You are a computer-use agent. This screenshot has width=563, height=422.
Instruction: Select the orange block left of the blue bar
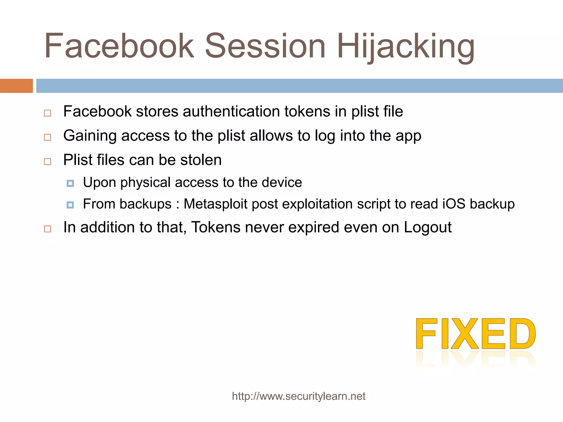click(16, 86)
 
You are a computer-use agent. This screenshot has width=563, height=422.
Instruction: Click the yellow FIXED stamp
click(476, 334)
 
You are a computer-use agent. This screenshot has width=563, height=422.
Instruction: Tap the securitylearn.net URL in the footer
click(299, 396)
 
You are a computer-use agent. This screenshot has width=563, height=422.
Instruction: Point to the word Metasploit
click(215, 204)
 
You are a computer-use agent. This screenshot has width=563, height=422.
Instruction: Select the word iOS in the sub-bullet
click(454, 204)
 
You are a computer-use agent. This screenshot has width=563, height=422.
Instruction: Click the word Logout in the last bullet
click(427, 227)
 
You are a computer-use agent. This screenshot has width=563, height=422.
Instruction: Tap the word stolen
click(201, 160)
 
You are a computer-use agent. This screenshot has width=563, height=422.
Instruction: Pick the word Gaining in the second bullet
click(90, 136)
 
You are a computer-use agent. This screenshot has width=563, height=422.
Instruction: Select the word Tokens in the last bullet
click(216, 227)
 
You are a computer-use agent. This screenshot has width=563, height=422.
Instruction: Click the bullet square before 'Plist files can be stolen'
click(48, 161)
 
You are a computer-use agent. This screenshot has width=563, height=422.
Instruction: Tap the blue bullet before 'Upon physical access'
click(70, 183)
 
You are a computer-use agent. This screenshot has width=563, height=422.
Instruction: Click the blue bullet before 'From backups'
click(70, 205)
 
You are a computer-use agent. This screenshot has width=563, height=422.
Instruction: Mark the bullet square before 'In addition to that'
click(48, 229)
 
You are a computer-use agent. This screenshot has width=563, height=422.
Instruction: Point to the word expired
click(313, 227)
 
